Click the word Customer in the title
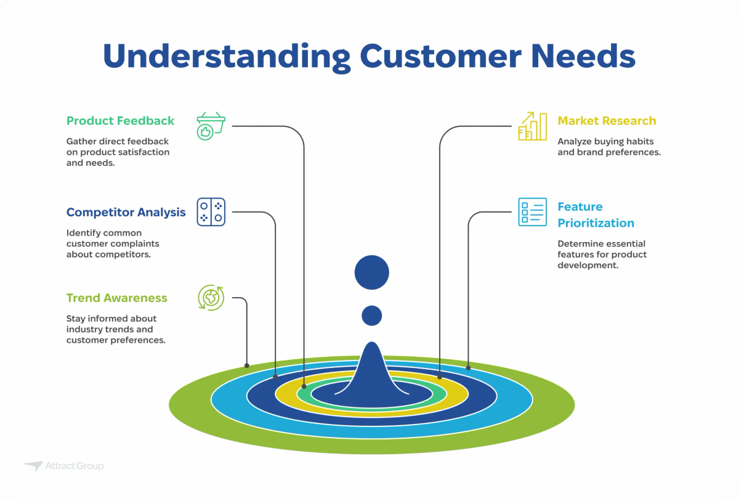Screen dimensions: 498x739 [443, 57]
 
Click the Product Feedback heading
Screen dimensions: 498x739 [120, 121]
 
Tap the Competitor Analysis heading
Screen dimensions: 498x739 [126, 212]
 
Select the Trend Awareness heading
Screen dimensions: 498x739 [116, 298]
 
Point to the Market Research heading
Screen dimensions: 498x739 [607, 121]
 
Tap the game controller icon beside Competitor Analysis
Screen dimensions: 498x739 [211, 212]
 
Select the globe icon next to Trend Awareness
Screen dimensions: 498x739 [211, 298]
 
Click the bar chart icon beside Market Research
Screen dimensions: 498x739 [532, 126]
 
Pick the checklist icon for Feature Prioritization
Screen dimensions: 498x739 [532, 212]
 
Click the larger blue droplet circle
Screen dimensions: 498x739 [372, 272]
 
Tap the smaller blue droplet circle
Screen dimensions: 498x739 [371, 316]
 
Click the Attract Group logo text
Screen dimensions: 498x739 [74, 466]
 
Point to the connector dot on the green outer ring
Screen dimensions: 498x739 [247, 365]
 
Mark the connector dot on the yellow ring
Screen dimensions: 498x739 [440, 376]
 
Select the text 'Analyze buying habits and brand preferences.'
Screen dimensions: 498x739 [608, 146]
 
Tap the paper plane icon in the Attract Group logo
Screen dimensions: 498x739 [33, 466]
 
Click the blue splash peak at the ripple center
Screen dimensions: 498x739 [371, 370]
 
